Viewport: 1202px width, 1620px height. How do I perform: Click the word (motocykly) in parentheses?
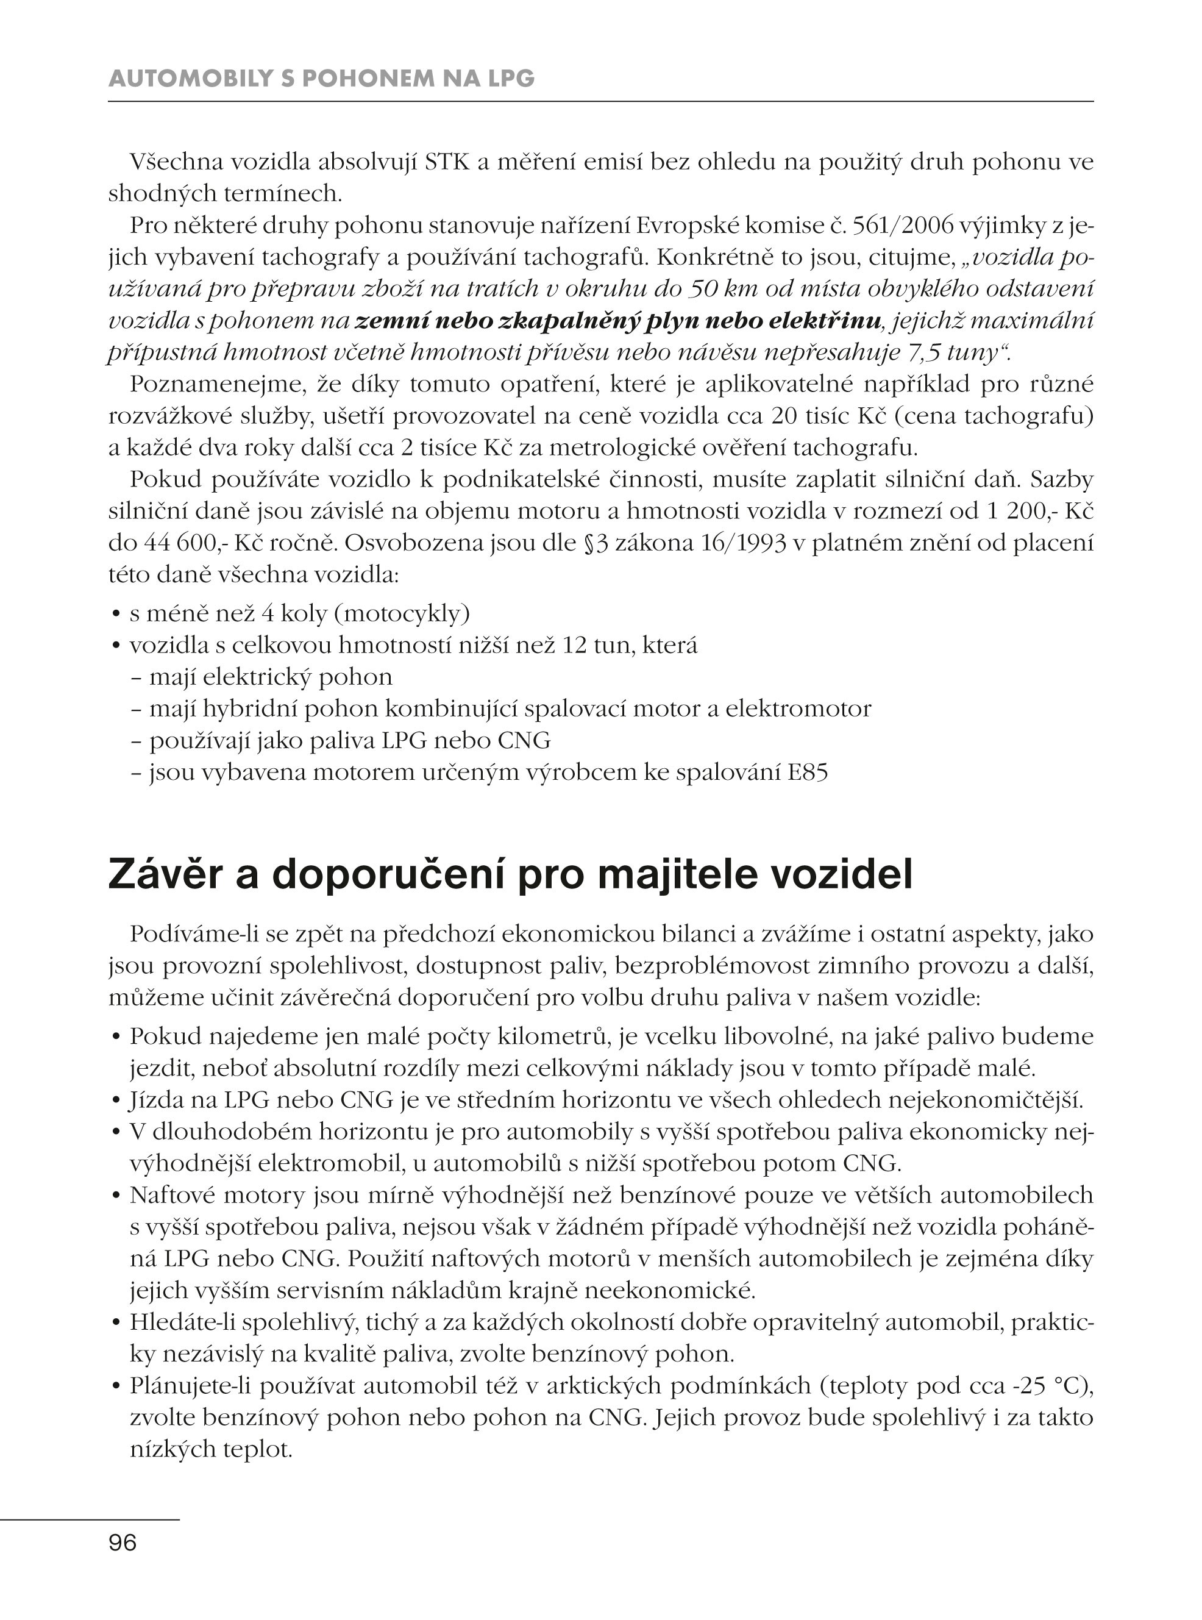[x=402, y=614]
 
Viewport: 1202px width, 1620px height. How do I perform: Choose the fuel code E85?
[x=808, y=772]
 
